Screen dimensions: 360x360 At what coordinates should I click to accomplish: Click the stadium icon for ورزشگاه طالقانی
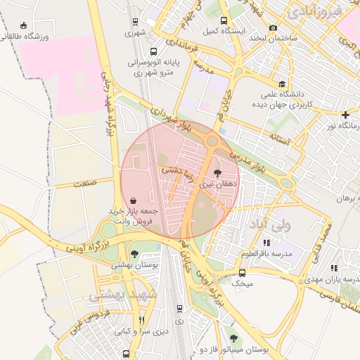coord(25,25)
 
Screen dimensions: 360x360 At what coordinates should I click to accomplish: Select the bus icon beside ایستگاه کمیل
coord(224,20)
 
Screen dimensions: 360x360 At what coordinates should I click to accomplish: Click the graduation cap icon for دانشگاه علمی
coord(282,83)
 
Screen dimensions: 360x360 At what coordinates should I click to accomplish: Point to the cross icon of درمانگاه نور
coord(345,115)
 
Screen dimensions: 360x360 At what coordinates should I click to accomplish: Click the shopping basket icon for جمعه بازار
coord(134,200)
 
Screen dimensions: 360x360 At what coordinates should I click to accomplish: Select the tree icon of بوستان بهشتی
coord(134,254)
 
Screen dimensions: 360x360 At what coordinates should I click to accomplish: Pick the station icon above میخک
coord(243,272)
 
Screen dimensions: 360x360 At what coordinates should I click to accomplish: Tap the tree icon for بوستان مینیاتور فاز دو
coord(233,338)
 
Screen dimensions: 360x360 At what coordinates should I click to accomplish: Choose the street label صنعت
coord(84,183)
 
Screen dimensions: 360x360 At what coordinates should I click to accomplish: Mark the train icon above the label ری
coord(179,308)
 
